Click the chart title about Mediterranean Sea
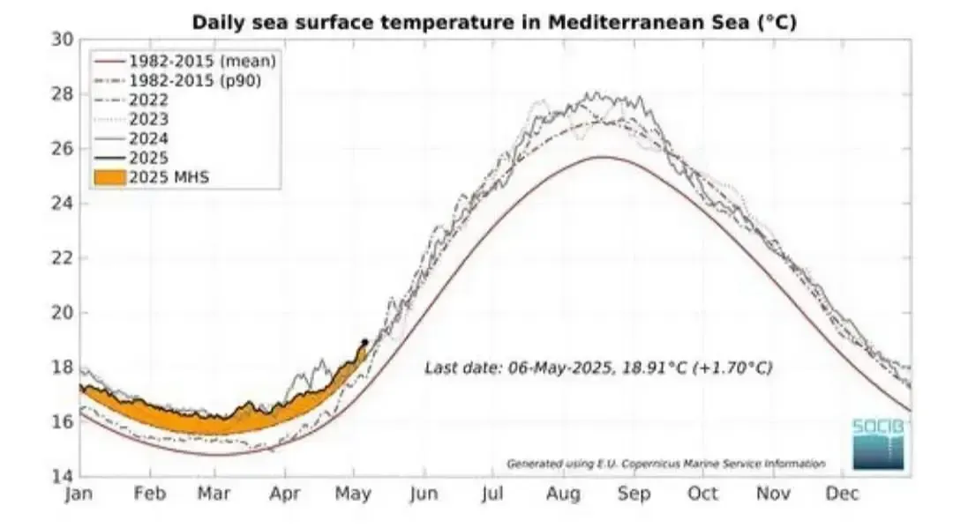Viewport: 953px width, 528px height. click(x=494, y=22)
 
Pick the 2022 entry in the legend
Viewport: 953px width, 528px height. click(x=148, y=100)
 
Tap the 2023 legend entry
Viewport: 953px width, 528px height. click(x=148, y=119)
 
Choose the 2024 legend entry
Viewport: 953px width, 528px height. click(x=148, y=138)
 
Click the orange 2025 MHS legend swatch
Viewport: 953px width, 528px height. click(x=109, y=177)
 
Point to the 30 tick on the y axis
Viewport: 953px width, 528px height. click(x=61, y=40)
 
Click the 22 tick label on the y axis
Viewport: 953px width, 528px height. click(x=61, y=258)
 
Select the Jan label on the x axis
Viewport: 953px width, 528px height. click(x=79, y=495)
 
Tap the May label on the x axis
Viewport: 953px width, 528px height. click(x=354, y=495)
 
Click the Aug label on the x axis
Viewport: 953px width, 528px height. click(x=563, y=495)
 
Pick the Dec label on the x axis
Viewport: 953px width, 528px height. click(x=842, y=495)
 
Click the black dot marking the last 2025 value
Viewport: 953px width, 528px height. click(x=364, y=342)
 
